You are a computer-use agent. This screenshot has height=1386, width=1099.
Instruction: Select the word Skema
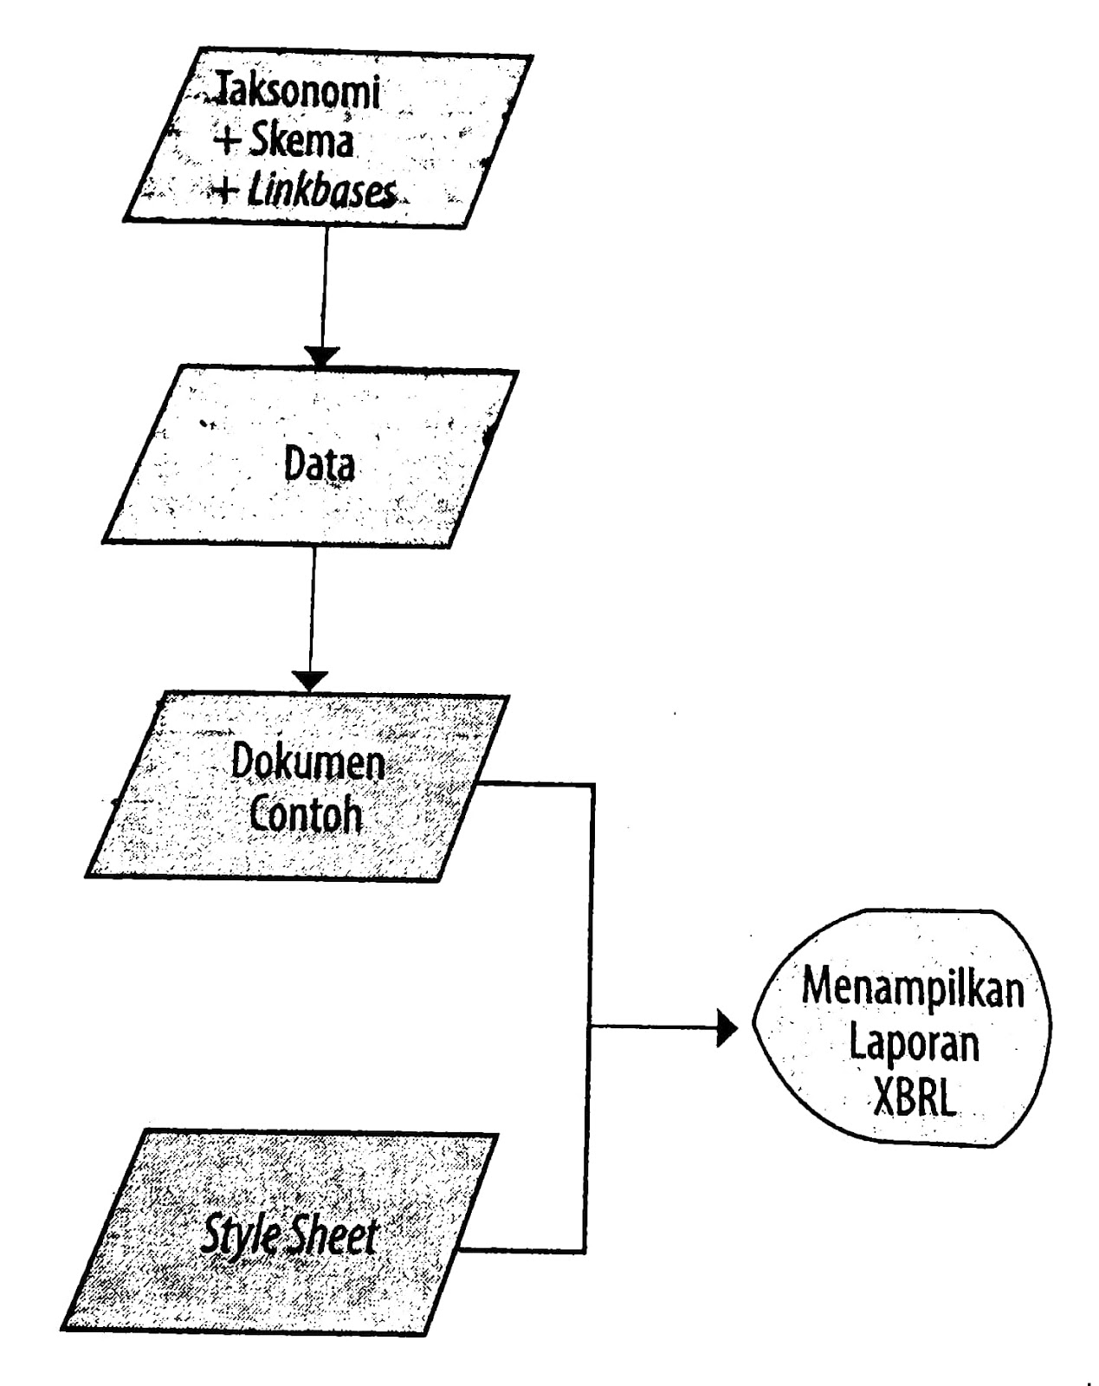[x=301, y=141]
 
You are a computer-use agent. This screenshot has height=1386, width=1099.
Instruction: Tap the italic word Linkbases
[x=322, y=191]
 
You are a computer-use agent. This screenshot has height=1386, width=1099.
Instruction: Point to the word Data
[x=320, y=465]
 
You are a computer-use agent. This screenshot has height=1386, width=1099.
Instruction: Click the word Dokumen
[x=307, y=763]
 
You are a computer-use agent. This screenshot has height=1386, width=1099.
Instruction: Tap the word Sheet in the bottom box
[x=333, y=1235]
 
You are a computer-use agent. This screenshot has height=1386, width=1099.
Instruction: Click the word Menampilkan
[x=912, y=988]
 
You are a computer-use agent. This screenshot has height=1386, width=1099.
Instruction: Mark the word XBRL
[x=914, y=1098]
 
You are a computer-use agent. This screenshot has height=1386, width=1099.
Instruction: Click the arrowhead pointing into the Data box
[x=322, y=357]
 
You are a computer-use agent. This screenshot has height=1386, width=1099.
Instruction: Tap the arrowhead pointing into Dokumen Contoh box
[x=309, y=682]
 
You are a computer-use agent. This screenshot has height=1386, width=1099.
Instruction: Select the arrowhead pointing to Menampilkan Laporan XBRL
[x=727, y=1029]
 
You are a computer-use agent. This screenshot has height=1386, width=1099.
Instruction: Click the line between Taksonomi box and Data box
[x=324, y=286]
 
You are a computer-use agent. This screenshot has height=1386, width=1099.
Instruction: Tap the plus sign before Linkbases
[x=227, y=191]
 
